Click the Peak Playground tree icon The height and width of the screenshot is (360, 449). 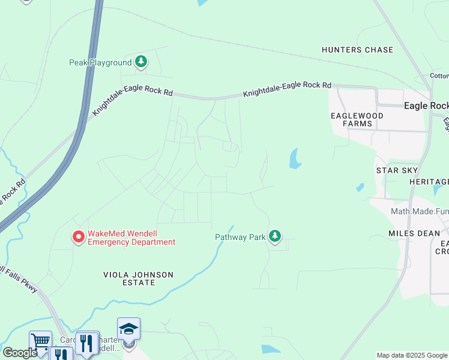[x=141, y=61]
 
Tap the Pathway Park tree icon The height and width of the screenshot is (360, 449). [x=275, y=236]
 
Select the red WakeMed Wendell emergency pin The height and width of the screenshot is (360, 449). [x=78, y=238]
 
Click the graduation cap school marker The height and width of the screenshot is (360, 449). [x=128, y=328]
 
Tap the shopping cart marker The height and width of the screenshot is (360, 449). [x=40, y=341]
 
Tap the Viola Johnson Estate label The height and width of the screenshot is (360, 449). [x=137, y=278]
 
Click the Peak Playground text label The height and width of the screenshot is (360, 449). [x=100, y=62]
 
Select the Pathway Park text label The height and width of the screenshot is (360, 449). [x=240, y=237]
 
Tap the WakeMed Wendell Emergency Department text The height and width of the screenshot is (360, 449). [x=131, y=238]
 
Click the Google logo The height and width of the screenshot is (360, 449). [x=20, y=353]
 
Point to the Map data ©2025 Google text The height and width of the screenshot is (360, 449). [x=412, y=355]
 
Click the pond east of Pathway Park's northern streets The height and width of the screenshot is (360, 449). [x=295, y=159]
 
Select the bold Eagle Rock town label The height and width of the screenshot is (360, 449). [x=426, y=106]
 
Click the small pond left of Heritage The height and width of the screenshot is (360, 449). [x=360, y=187]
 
